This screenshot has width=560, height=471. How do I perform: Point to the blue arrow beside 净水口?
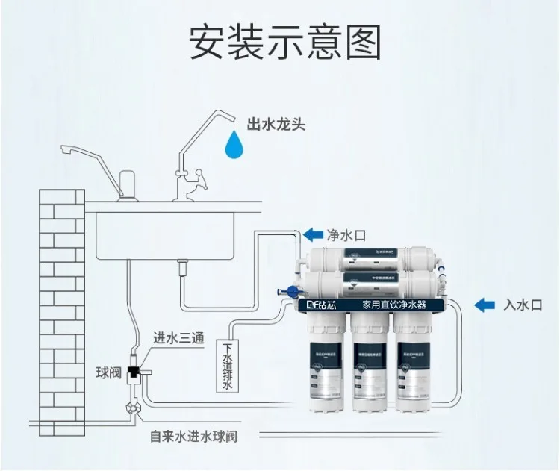click(312, 235)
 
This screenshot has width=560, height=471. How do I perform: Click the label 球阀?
click(107, 372)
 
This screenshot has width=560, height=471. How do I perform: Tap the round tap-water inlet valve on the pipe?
click(134, 408)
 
